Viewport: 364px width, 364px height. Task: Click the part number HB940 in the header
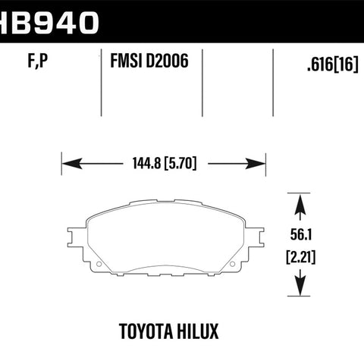[49, 23]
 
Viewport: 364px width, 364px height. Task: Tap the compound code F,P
[38, 61]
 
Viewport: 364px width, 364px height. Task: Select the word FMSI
[126, 61]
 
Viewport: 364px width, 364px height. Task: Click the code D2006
[167, 61]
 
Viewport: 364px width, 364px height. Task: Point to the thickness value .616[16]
[333, 64]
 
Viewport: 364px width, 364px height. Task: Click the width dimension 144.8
[146, 163]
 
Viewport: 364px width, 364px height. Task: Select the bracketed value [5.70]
[180, 164]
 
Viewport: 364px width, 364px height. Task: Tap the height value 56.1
[301, 234]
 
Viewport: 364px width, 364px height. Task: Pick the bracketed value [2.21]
[301, 257]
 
